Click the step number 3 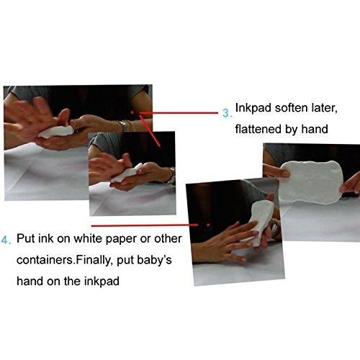point(226,113)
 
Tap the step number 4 point(4,240)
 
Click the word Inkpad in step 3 point(253,108)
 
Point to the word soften point(292,108)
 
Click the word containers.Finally point(65,260)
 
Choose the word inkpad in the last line point(102,281)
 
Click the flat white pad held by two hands point(312,182)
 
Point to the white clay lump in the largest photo point(56,132)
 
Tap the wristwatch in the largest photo point(124,126)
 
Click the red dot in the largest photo point(132,112)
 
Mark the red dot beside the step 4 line point(208,225)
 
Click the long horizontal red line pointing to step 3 point(179,112)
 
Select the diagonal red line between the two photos point(149,130)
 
